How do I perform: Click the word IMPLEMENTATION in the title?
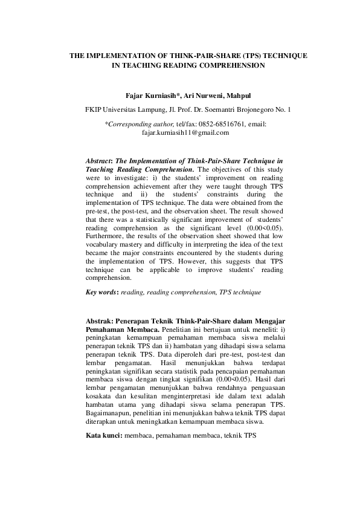[x=121, y=55]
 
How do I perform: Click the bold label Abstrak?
[x=101, y=320]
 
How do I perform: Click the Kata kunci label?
[x=103, y=435]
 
